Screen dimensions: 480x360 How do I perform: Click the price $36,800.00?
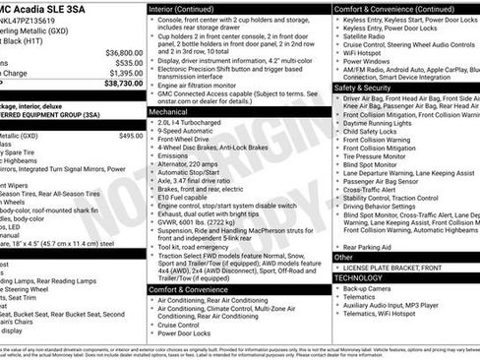(x=123, y=51)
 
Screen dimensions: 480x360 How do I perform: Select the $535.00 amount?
(x=128, y=62)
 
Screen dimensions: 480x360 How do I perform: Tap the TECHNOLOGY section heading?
(x=361, y=277)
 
